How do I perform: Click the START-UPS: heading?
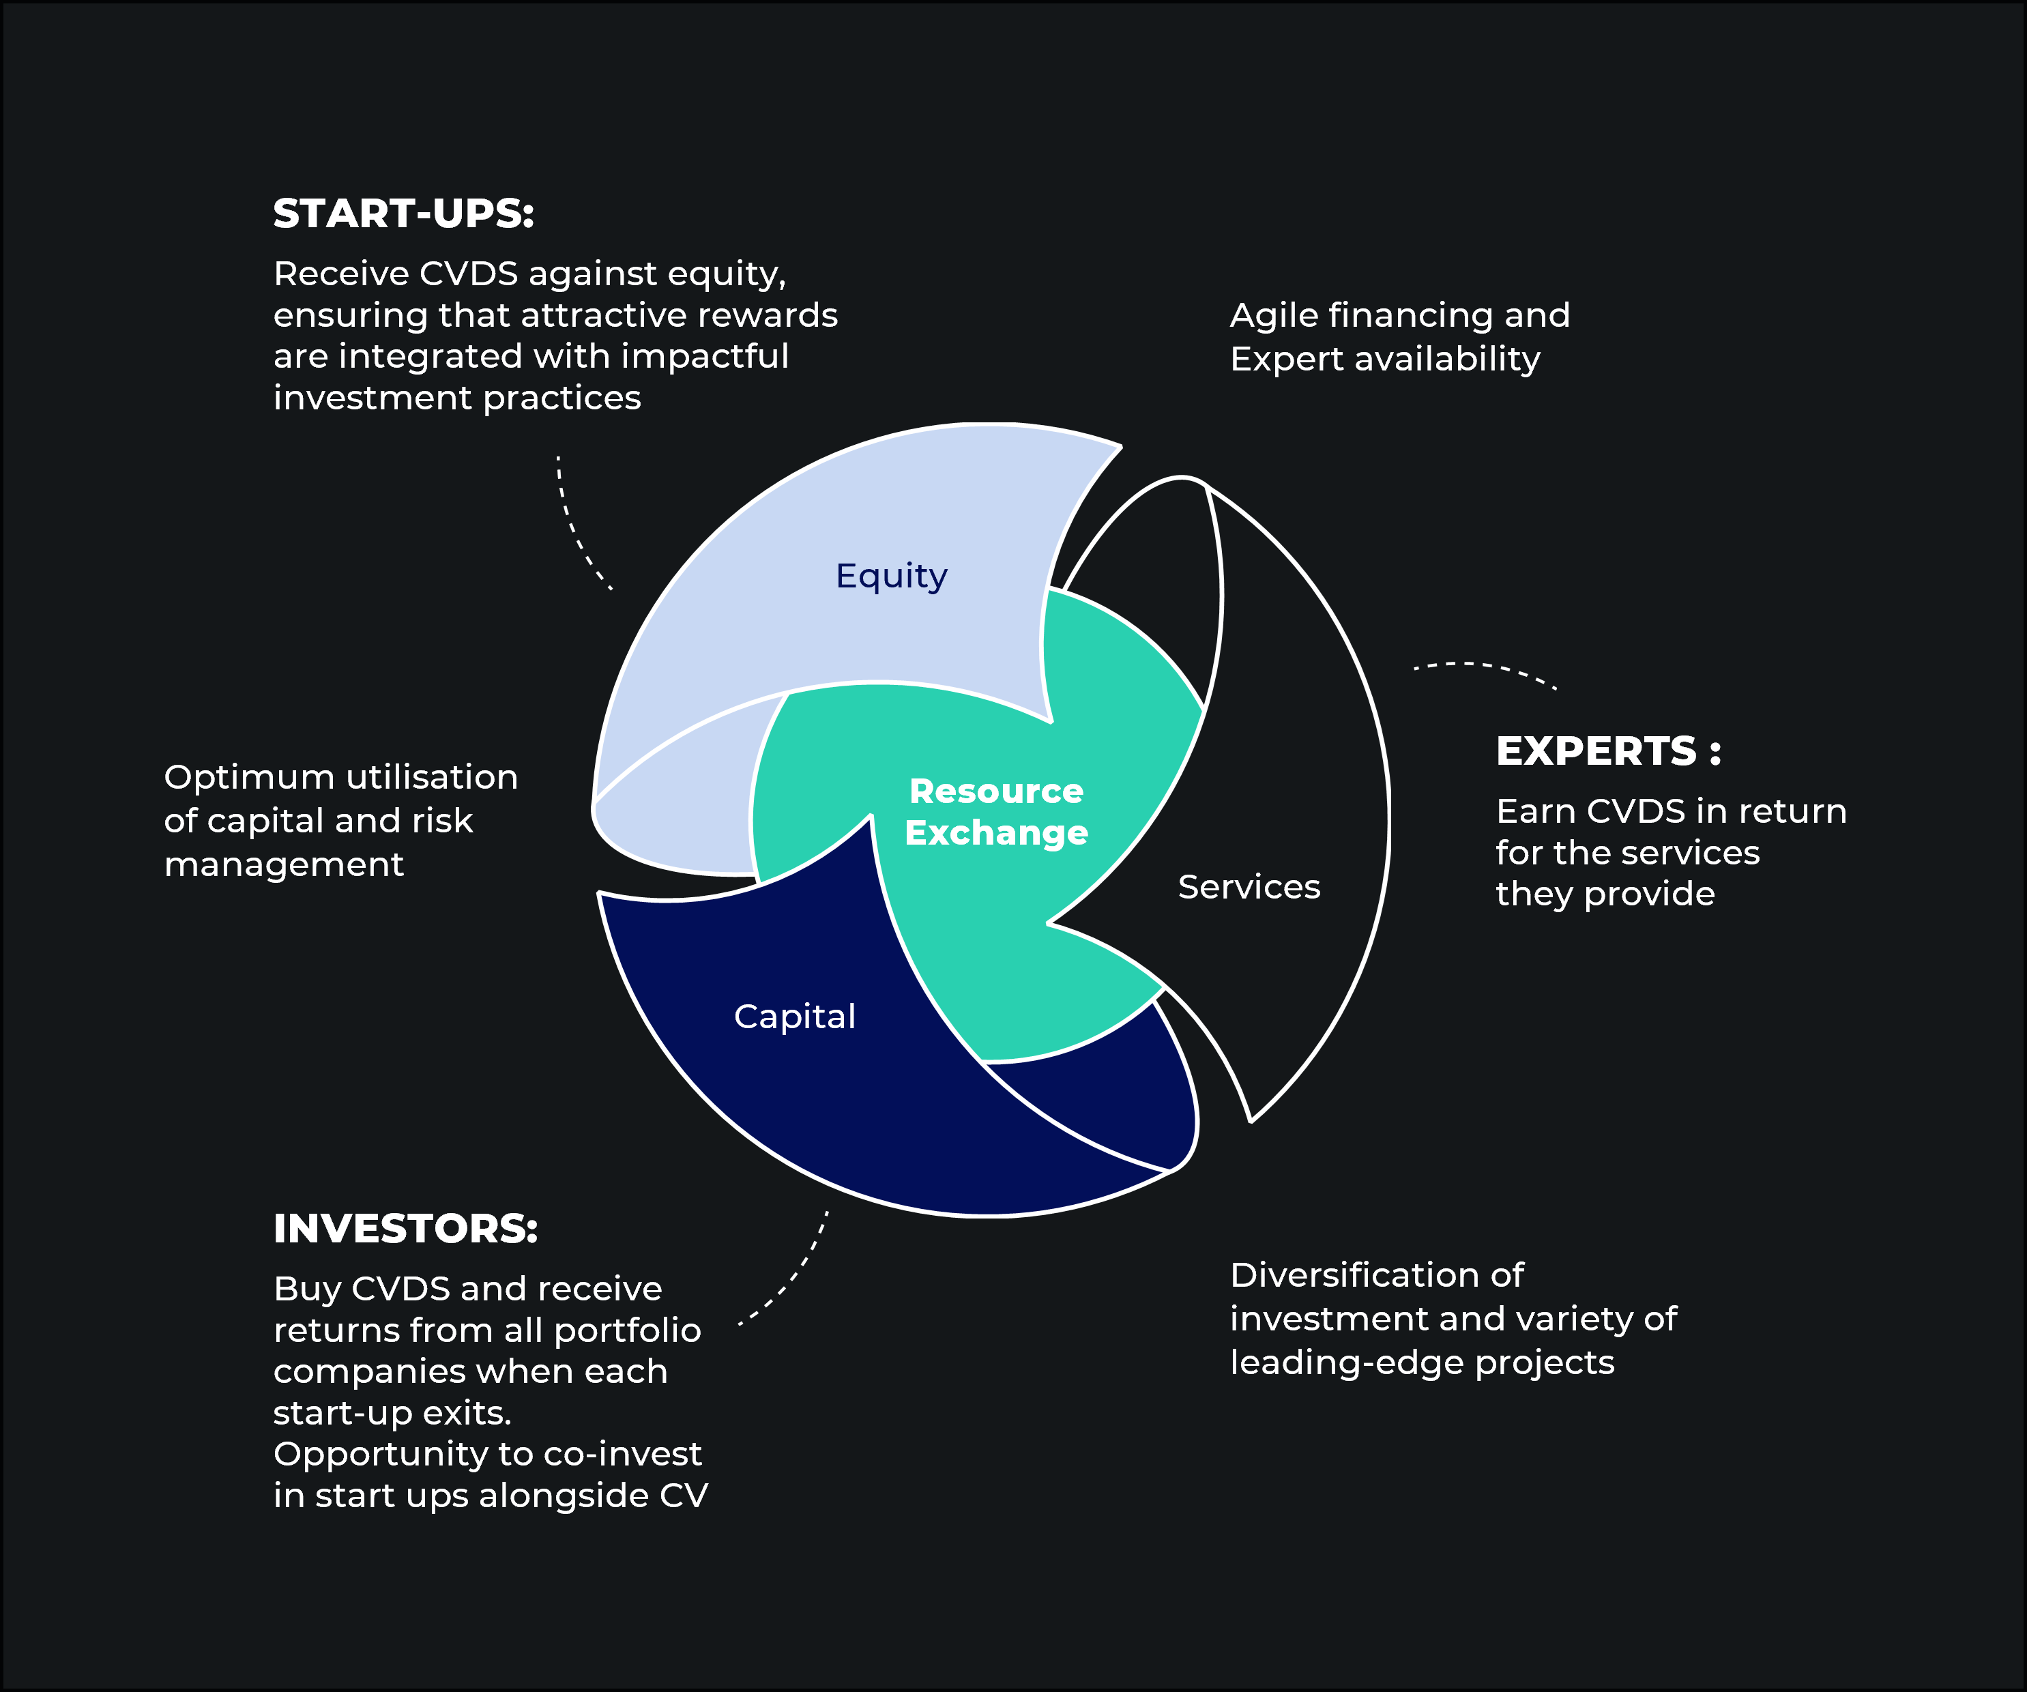(403, 214)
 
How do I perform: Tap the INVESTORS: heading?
(405, 1229)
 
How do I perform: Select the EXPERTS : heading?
(1607, 751)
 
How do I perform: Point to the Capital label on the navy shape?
(794, 1017)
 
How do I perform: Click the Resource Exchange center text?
(996, 812)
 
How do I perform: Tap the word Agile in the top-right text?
(1272, 316)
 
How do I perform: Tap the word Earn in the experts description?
(1534, 812)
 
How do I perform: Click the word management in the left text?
(283, 865)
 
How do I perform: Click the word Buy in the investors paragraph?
(307, 1289)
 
